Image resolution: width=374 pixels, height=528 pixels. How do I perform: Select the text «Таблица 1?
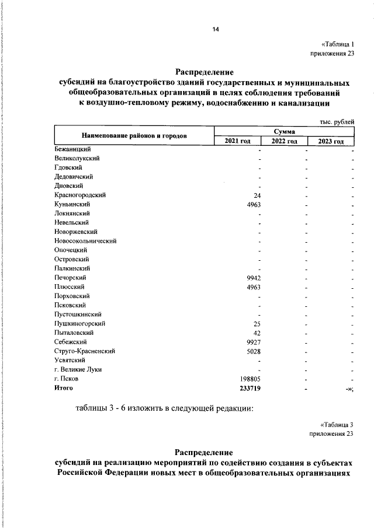tap(338, 45)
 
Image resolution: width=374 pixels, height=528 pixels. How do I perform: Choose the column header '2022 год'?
tap(285, 141)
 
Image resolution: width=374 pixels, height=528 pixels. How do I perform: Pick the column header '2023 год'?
tap(331, 141)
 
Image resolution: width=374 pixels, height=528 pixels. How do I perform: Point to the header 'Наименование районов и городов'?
tap(134, 136)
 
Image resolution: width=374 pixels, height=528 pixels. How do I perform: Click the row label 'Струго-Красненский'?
tap(84, 351)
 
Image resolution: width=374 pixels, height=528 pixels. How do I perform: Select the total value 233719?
tap(246, 387)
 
